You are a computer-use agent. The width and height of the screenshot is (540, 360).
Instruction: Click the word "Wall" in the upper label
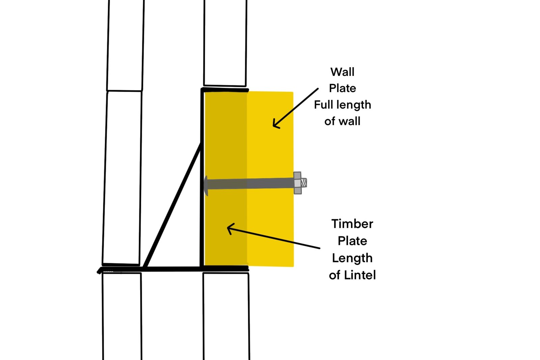342,72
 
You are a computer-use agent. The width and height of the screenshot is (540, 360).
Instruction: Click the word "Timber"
352,224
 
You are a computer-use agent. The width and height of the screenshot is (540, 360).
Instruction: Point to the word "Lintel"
360,275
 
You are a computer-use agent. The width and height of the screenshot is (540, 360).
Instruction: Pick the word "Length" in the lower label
352,258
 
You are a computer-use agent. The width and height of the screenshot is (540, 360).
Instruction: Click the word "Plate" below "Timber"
352,241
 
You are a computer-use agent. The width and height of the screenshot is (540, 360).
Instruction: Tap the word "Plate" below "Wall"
342,88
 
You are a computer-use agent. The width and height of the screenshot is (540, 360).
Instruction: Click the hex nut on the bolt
297,183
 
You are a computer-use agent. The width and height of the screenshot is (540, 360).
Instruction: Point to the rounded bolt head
206,186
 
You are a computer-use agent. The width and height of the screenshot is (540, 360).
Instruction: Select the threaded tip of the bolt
304,183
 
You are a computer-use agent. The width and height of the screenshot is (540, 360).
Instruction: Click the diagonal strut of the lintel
172,205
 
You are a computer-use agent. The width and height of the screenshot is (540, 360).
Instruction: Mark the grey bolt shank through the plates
250,184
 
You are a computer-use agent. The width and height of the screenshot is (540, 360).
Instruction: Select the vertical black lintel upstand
202,178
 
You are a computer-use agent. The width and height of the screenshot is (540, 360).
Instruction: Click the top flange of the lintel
225,90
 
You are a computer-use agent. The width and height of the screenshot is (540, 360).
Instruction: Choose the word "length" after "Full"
354,105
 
